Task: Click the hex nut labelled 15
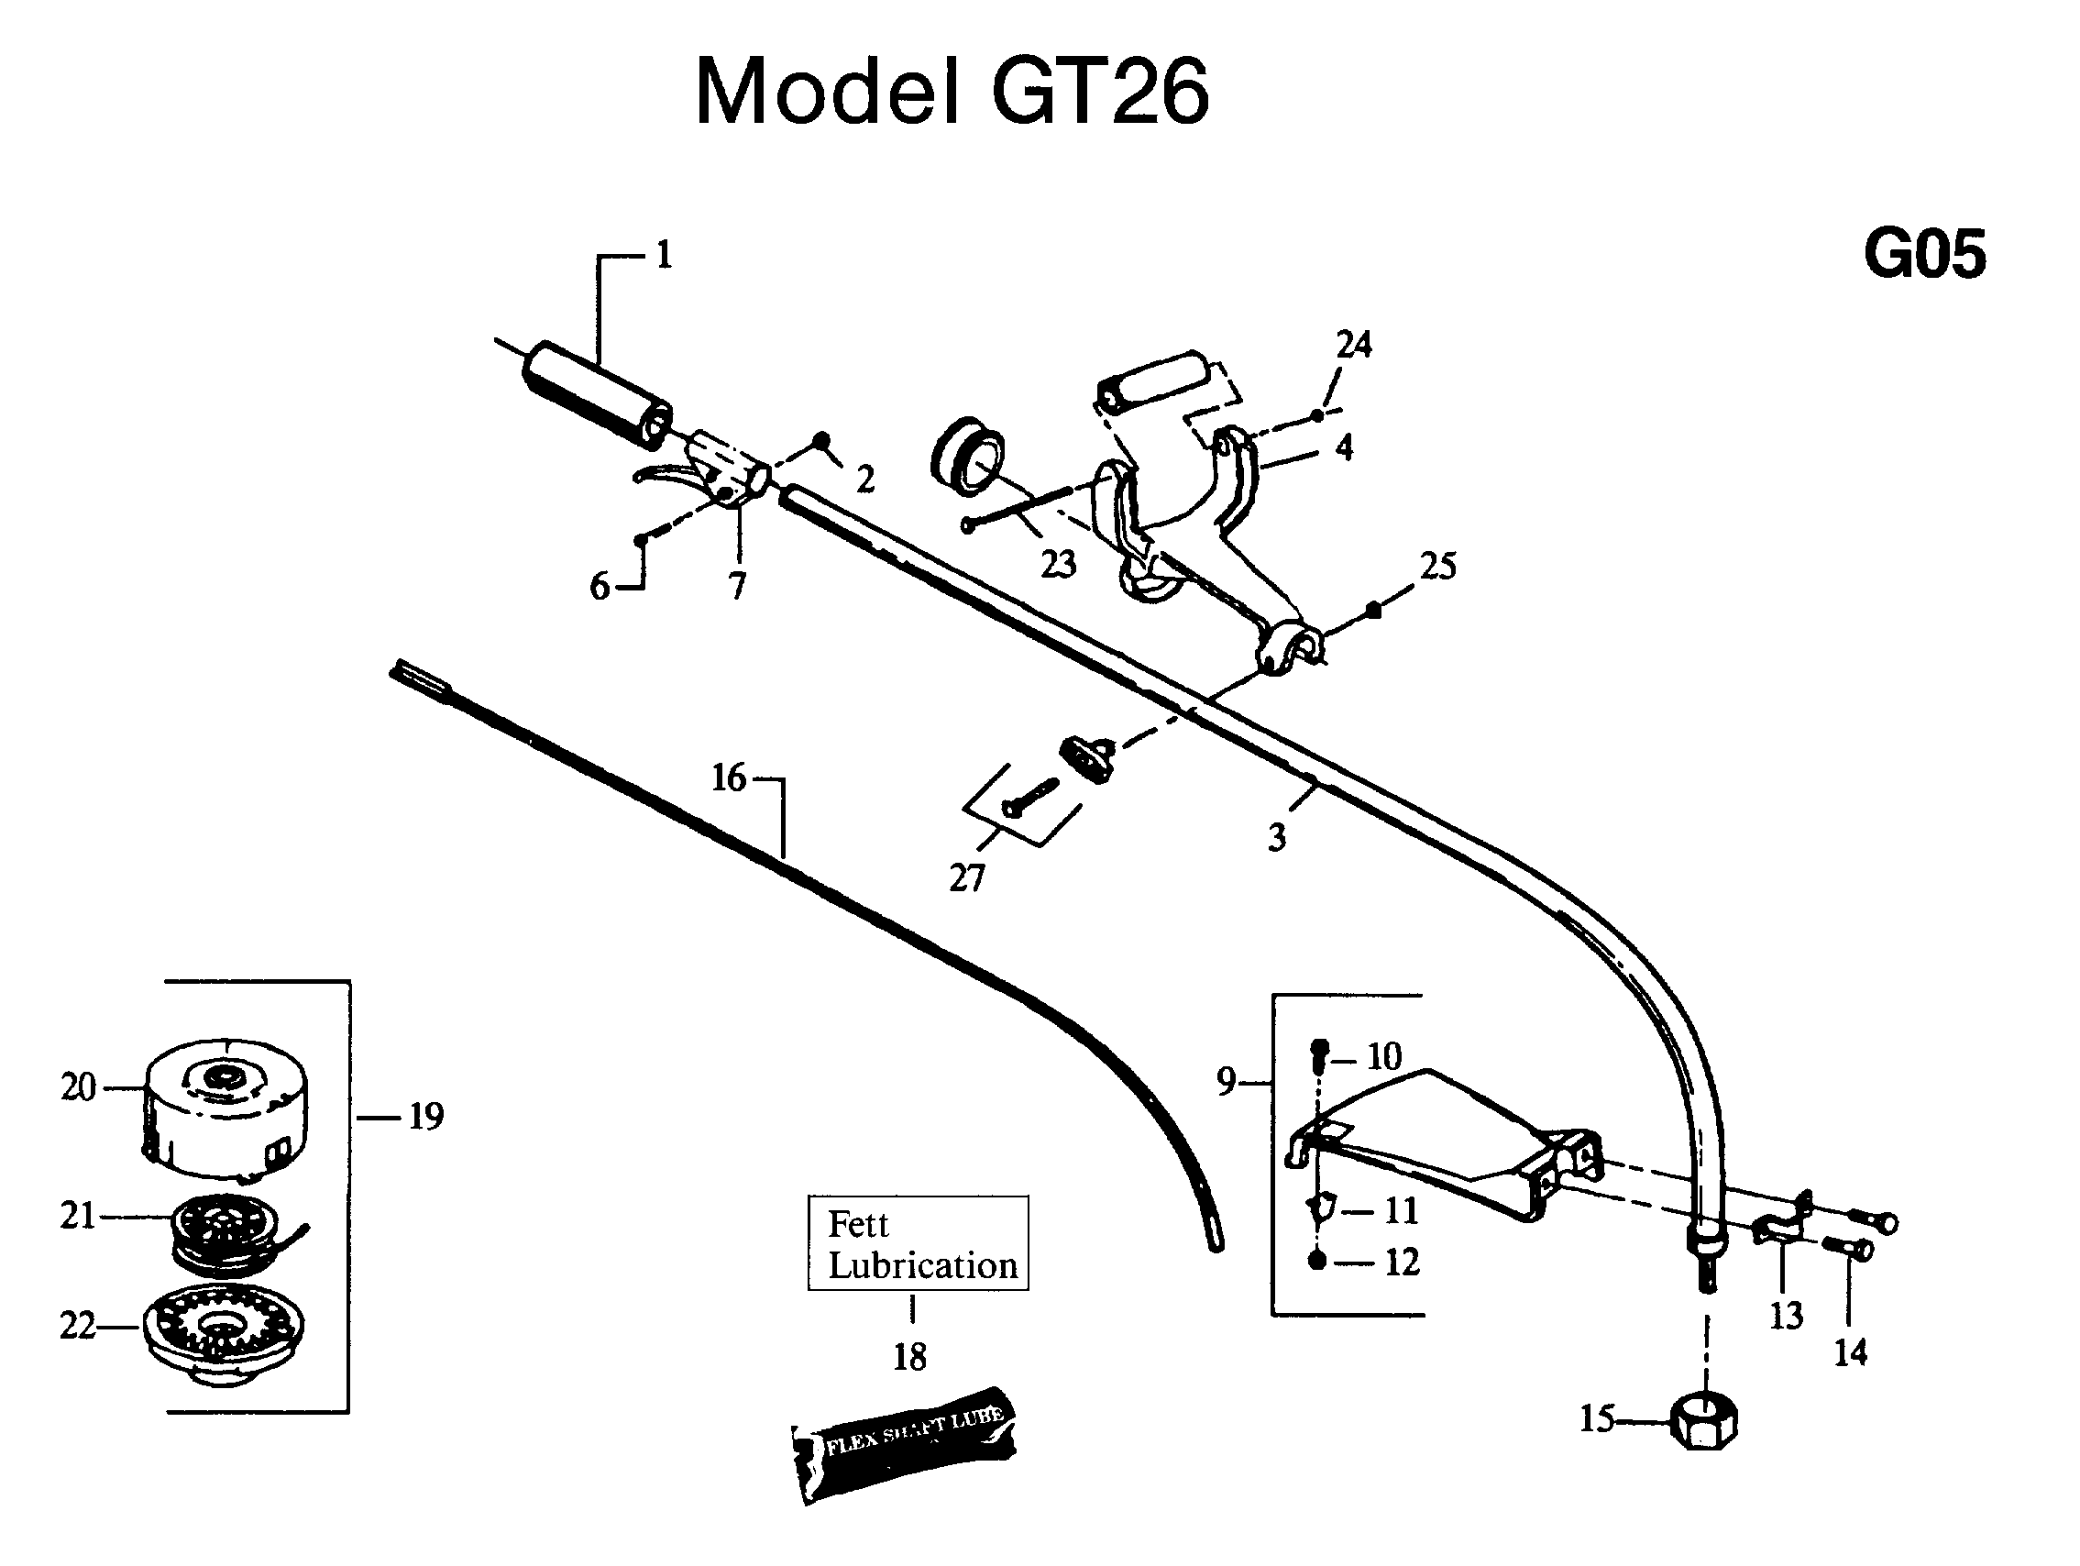[1703, 1421]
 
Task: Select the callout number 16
[729, 777]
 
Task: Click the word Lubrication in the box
[922, 1265]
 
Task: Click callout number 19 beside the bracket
[426, 1117]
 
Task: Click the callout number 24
[1353, 344]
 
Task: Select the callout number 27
[966, 877]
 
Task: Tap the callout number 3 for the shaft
[1276, 836]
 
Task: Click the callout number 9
[1226, 1082]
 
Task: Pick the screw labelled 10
[1319, 1055]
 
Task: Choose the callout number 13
[1786, 1316]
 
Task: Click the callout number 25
[1437, 566]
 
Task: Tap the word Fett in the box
[858, 1224]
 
